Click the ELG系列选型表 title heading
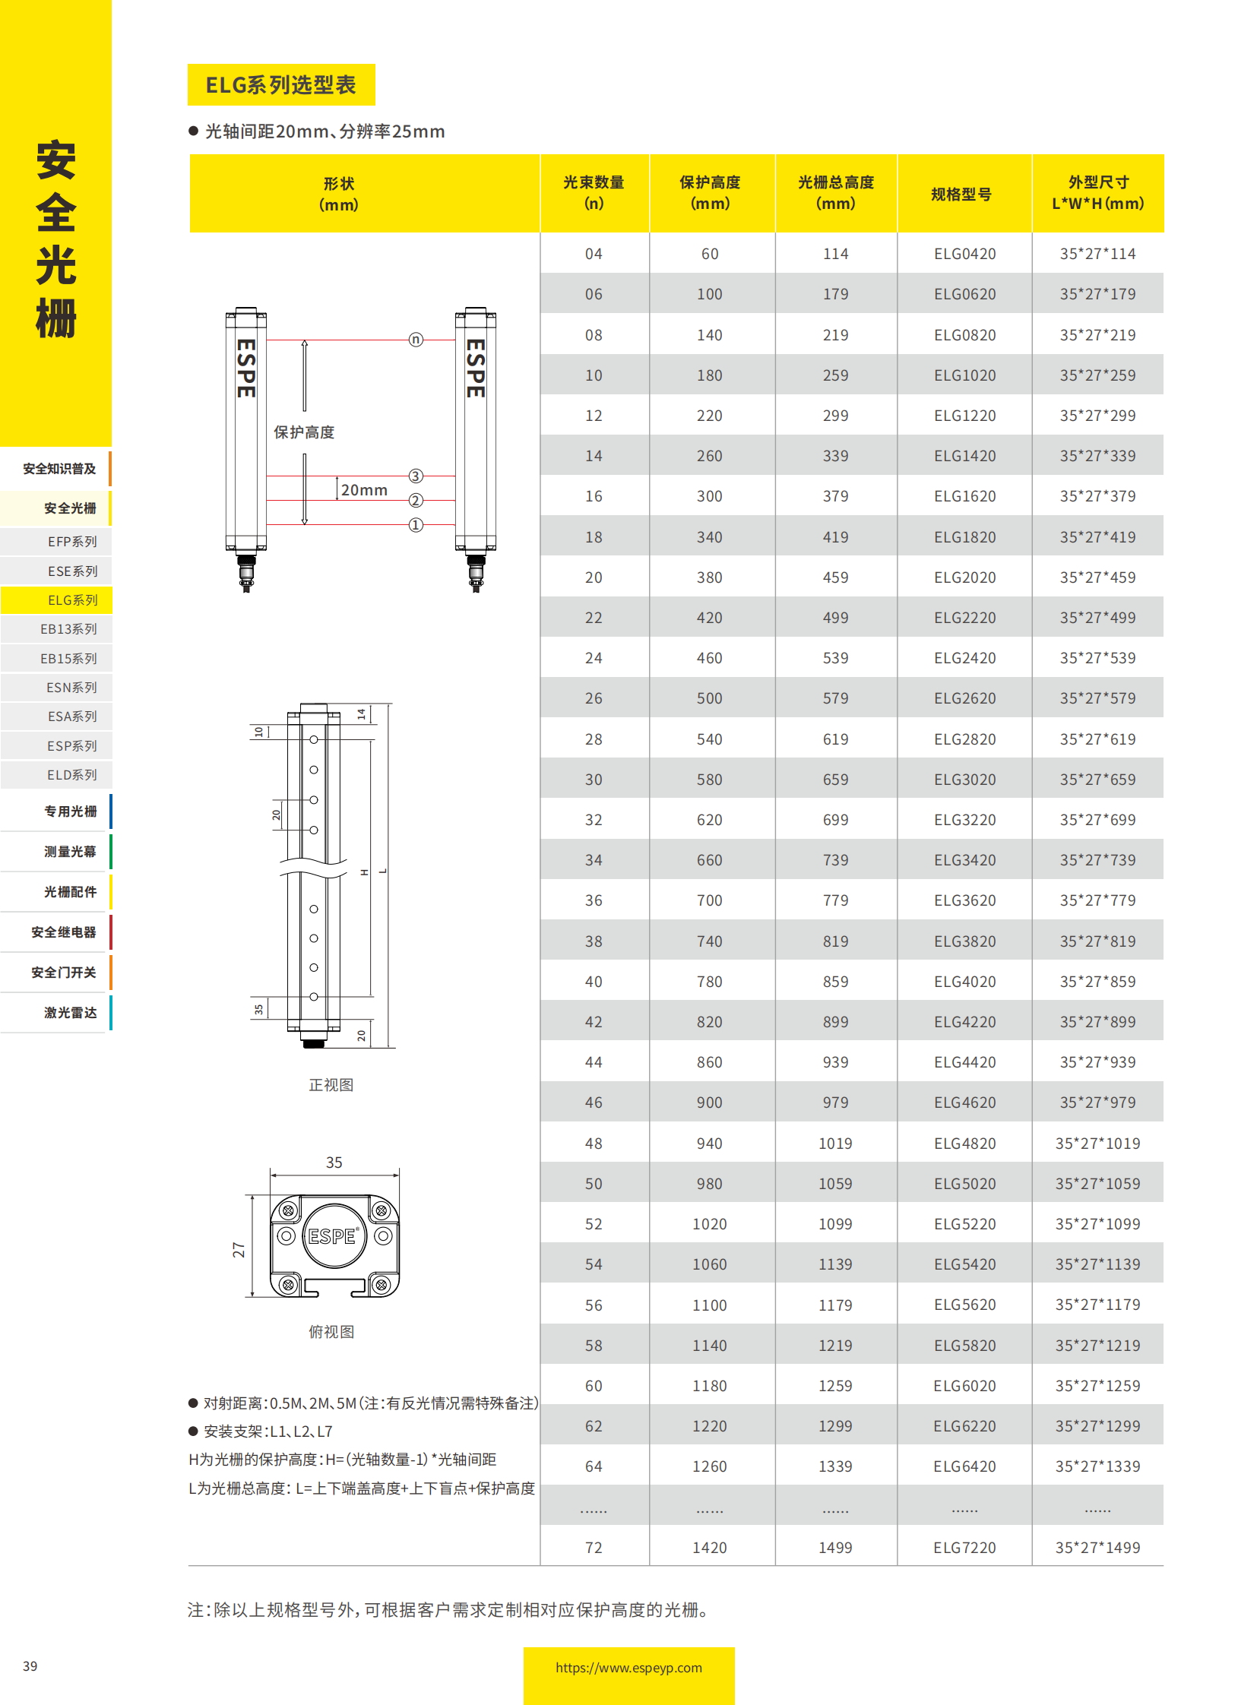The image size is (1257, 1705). coord(280,84)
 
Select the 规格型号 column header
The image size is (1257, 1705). coord(962,194)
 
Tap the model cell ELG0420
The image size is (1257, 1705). coord(964,254)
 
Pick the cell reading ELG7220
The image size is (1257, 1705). coord(964,1548)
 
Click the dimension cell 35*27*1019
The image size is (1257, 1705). coord(1097,1144)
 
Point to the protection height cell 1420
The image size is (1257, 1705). coord(709,1548)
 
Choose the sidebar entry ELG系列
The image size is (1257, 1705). coord(72,600)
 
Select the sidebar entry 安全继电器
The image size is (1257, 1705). coord(63,932)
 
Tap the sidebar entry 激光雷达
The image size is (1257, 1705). coord(70,1013)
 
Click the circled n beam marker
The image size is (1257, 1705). coord(416,340)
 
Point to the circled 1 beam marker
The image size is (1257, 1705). coord(416,525)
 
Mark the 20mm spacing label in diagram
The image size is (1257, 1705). coord(364,490)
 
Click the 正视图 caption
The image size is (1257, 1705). coord(331,1085)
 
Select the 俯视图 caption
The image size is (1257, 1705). coord(331,1331)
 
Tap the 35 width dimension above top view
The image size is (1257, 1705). coord(334,1162)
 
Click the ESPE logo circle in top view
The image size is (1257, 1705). coord(334,1236)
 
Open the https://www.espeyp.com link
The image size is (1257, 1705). coord(628,1668)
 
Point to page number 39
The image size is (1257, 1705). coord(30,1666)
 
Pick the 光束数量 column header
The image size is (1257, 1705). coord(594,192)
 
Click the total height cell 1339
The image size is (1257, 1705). coord(834,1466)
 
